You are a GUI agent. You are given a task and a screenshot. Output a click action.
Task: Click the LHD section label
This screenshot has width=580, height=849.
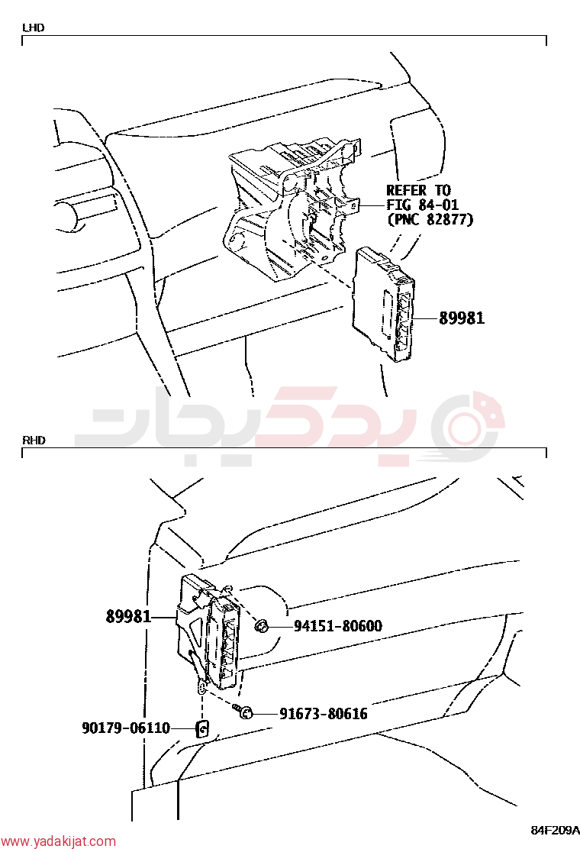coord(33,27)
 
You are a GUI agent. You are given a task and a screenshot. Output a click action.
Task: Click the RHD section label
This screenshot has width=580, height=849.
coord(34,441)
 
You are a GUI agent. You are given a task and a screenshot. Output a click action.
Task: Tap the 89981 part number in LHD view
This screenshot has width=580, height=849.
coord(462,318)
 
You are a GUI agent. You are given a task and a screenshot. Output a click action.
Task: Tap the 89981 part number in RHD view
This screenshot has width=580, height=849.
coord(129,616)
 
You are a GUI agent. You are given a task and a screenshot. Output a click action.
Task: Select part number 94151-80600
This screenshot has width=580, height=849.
coord(338,626)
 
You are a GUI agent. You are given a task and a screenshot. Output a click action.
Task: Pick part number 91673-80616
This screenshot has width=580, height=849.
coord(324,714)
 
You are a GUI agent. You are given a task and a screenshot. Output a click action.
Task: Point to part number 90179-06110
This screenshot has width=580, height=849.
coord(126,728)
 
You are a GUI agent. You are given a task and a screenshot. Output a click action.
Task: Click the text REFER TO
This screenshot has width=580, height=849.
coord(418,191)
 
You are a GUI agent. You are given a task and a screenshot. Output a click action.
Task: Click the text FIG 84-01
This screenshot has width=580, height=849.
coord(422,205)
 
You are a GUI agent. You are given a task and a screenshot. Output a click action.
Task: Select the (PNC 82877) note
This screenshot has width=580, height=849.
coord(430,219)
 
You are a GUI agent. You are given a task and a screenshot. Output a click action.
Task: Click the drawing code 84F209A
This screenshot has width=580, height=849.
coord(554,829)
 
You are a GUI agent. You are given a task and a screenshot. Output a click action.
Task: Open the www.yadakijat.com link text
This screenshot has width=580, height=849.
coord(59,841)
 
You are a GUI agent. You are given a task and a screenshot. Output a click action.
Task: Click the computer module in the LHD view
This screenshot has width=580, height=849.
coord(384,304)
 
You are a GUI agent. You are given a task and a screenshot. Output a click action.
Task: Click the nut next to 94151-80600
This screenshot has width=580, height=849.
coord(262,627)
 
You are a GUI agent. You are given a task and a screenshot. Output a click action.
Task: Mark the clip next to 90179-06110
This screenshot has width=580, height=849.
coord(202,729)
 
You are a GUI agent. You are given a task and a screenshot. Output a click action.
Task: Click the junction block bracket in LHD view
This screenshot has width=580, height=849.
coord(292,205)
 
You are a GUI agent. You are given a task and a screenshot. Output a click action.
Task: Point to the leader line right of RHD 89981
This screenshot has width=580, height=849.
coord(165,617)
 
